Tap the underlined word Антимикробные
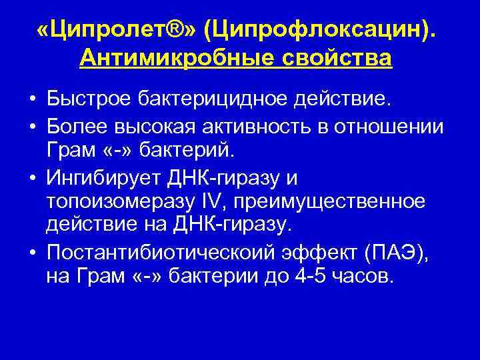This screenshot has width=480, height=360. point(173,58)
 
